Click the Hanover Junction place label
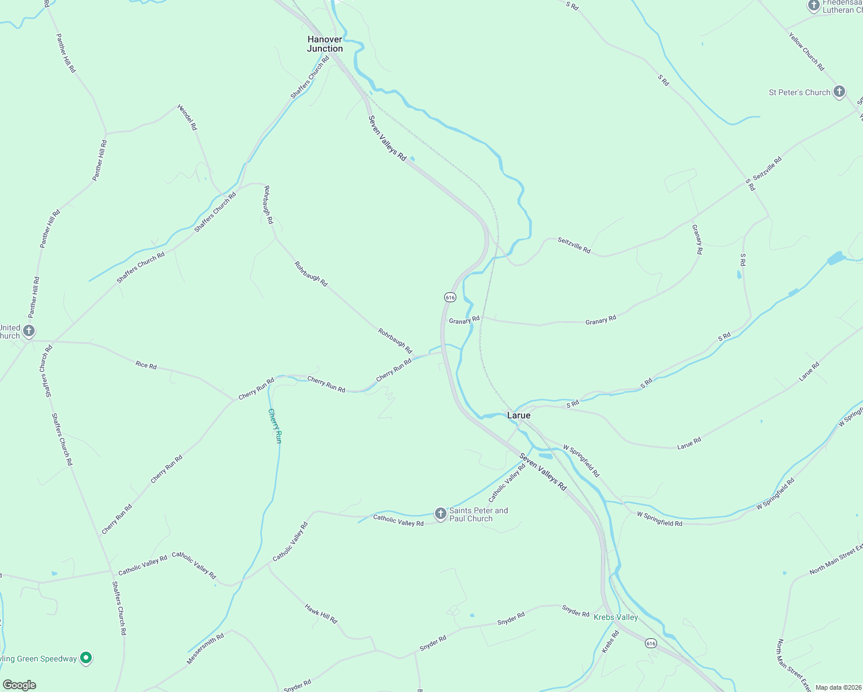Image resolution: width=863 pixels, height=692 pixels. coord(325,44)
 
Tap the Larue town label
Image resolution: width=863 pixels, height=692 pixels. coord(519,415)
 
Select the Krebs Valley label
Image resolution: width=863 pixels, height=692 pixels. coord(616,617)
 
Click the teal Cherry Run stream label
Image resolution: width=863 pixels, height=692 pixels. coord(276,426)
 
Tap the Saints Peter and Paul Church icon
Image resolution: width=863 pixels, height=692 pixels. coord(441,514)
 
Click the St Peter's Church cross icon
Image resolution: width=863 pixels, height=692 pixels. coord(839,92)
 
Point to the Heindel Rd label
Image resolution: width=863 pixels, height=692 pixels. coord(187,117)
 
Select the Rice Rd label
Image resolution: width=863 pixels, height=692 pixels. coord(146,365)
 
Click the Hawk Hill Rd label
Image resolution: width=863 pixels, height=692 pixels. coord(321,614)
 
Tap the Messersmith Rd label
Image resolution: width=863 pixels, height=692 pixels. coord(205,648)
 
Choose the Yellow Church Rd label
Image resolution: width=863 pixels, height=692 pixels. coord(806,51)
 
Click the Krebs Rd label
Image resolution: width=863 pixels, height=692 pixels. coord(610,641)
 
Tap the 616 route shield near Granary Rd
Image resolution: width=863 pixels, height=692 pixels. coord(450,297)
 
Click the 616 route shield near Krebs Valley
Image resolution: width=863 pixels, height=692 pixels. coord(651,643)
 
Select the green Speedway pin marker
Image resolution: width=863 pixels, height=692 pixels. coord(86,657)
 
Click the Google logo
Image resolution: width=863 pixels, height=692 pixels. coord(20,685)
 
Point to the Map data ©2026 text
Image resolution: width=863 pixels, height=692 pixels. coord(838,687)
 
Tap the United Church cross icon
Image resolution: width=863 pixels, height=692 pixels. coord(29,331)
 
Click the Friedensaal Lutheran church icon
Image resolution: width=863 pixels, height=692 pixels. coord(813,6)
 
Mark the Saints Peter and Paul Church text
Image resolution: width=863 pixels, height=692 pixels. coord(479,514)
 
